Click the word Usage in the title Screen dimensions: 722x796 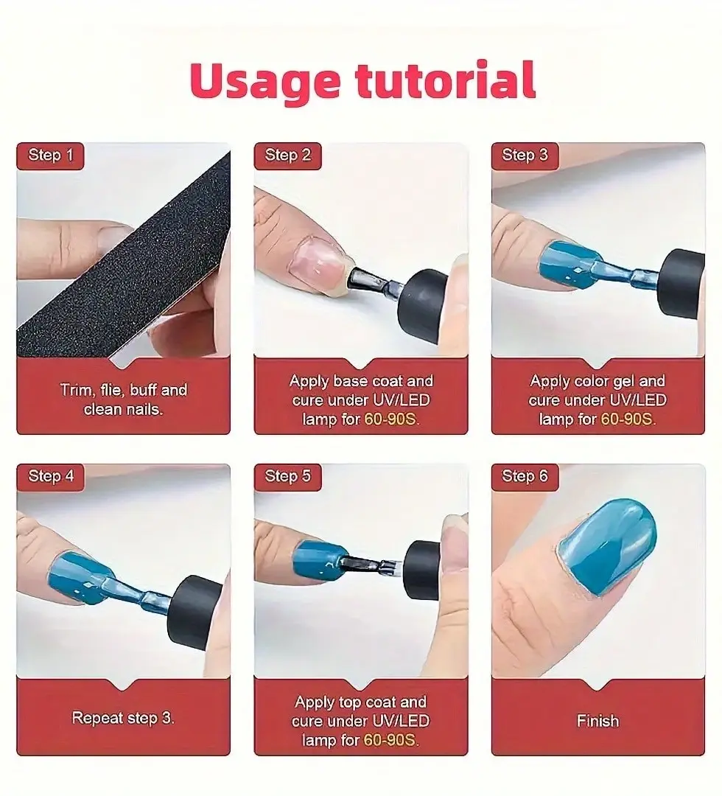pyautogui.click(x=264, y=81)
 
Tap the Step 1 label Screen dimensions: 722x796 pyautogui.click(x=50, y=156)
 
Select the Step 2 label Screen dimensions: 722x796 pyautogui.click(x=287, y=156)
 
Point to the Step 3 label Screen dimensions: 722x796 pyautogui.click(x=525, y=156)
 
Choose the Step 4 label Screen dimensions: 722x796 pyautogui.click(x=50, y=477)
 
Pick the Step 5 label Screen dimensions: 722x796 pyautogui.click(x=287, y=477)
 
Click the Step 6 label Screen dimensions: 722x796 pyautogui.click(x=525, y=477)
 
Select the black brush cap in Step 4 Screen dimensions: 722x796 pyautogui.click(x=195, y=612)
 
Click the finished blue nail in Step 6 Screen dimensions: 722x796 pyautogui.click(x=606, y=545)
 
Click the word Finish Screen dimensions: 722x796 pyautogui.click(x=597, y=721)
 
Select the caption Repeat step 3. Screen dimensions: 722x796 pyautogui.click(x=123, y=718)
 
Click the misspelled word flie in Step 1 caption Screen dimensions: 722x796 pyautogui.click(x=111, y=390)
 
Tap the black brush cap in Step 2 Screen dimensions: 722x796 pyautogui.click(x=423, y=305)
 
